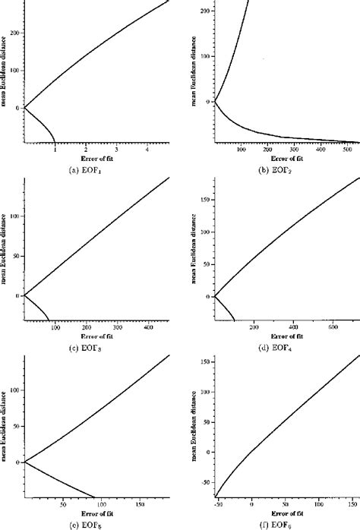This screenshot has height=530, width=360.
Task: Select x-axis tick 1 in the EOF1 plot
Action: (55, 149)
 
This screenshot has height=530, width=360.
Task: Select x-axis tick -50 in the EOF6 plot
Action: (218, 504)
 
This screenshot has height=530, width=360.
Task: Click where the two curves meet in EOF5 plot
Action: (25, 462)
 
